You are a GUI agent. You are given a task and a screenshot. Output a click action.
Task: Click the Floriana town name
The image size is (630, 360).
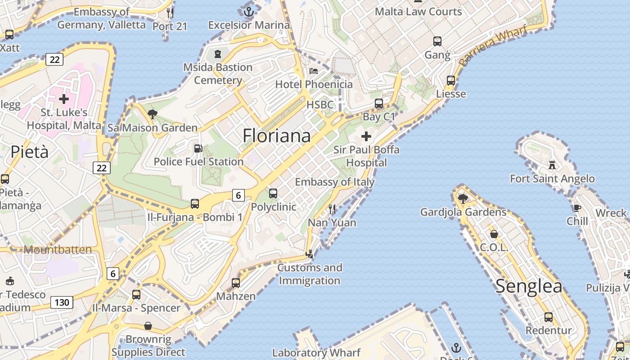(276, 135)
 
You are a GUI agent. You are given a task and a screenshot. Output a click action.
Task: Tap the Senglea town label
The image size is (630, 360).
(529, 286)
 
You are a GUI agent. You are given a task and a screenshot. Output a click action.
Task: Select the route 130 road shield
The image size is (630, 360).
(62, 302)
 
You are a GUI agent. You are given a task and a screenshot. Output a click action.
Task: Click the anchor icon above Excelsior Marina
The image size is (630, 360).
(249, 11)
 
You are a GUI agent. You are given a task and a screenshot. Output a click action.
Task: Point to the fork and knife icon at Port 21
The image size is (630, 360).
(170, 13)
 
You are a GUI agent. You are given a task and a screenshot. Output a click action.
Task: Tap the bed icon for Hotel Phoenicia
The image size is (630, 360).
(314, 71)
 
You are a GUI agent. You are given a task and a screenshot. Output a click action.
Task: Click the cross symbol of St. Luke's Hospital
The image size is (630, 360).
(64, 99)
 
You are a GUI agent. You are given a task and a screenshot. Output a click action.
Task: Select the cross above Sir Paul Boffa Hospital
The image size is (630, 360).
(366, 136)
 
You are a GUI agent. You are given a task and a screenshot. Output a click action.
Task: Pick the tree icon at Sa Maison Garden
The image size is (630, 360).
(153, 114)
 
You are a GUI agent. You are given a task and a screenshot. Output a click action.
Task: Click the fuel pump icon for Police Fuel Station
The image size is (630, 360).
(198, 148)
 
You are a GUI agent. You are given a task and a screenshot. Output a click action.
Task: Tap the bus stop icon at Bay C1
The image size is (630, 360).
(379, 103)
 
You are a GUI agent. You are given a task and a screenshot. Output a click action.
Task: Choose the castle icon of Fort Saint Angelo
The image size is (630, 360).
(552, 165)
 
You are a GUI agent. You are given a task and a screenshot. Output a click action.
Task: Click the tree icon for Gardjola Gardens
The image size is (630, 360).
(463, 198)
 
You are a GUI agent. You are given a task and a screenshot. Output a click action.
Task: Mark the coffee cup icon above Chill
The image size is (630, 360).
(577, 207)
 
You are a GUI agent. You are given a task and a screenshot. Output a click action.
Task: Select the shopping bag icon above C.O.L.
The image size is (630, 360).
(494, 234)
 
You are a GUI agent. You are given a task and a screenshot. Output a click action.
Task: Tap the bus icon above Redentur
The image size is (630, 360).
(549, 317)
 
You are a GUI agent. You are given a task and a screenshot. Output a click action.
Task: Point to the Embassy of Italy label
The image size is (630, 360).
(335, 182)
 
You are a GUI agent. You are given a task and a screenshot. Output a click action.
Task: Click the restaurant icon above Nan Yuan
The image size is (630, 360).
(332, 209)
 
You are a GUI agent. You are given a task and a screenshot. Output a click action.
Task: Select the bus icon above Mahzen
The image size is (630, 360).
(236, 283)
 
